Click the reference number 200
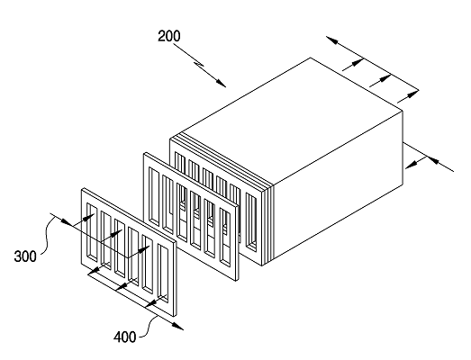click(169, 36)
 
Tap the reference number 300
click(25, 256)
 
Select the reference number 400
click(124, 337)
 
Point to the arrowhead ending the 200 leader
click(221, 83)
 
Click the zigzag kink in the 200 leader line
click(199, 64)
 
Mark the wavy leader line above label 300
click(47, 234)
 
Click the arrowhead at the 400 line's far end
click(178, 327)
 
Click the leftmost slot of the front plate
click(92, 231)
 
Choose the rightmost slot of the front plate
click(163, 274)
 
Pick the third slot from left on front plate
click(121, 248)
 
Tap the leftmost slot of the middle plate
click(154, 197)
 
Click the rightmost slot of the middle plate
click(225, 238)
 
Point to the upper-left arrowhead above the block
click(332, 40)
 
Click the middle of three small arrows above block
click(385, 78)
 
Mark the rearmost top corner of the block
click(311, 58)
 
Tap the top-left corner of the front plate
click(82, 189)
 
